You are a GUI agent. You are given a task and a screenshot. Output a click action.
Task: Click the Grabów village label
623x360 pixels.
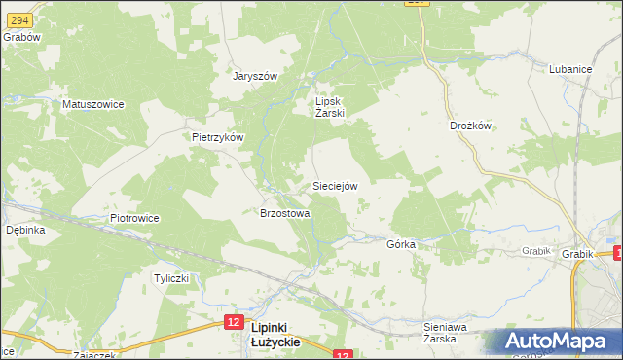(20, 37)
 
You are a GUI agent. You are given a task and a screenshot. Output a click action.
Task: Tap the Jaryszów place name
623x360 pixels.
(255, 76)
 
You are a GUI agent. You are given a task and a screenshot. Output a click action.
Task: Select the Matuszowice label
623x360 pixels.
(92, 103)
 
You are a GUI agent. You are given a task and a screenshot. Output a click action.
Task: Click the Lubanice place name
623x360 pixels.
(571, 70)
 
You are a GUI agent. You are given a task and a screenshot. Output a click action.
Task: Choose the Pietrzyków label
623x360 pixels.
(216, 137)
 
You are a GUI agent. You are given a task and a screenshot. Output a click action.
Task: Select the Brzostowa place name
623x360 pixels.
(284, 213)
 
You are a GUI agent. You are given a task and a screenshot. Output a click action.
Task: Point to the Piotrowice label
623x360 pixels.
(134, 218)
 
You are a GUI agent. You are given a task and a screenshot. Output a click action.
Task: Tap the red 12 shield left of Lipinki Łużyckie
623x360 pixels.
(232, 320)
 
